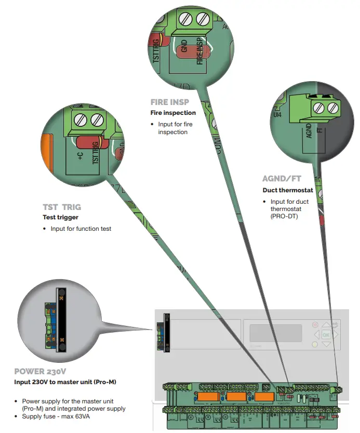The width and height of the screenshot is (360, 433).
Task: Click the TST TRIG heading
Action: pos(62,206)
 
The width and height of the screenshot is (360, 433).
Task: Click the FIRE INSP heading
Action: pos(169,102)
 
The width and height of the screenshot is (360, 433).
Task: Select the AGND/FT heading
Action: pos(282,179)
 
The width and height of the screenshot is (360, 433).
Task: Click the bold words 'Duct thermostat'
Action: pos(287,190)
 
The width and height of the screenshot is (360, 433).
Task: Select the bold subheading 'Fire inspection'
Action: pos(173,113)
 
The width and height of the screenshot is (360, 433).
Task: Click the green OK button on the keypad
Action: pos(326,335)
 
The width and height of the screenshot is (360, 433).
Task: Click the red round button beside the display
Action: pos(315,325)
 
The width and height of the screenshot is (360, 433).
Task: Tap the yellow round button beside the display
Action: pos(315,344)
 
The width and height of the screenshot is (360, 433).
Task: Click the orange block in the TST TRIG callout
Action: pos(45,151)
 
